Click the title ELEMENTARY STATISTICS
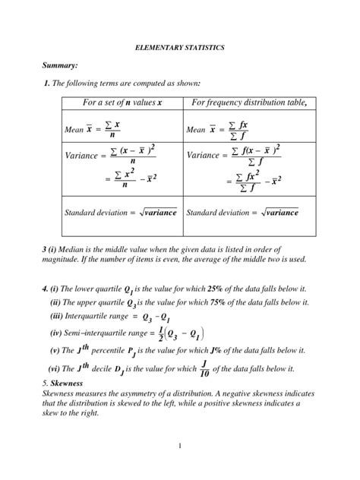tap(180, 48)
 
